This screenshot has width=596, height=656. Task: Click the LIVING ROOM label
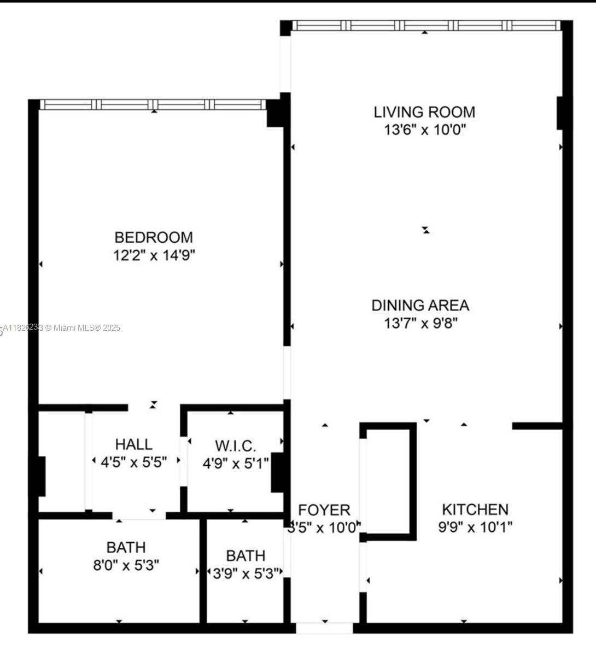click(x=424, y=112)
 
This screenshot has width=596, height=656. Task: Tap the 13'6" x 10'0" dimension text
click(x=424, y=130)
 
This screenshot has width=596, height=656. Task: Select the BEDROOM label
click(x=154, y=237)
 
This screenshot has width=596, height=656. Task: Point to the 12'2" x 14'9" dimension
click(x=154, y=255)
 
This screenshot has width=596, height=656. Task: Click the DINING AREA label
click(x=420, y=305)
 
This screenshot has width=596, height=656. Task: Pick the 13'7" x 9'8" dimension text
click(x=420, y=323)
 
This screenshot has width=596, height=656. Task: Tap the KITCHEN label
click(x=475, y=509)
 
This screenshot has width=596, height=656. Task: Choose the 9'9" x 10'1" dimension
click(x=475, y=528)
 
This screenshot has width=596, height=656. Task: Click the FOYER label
click(x=324, y=510)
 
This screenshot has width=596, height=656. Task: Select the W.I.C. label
click(x=235, y=446)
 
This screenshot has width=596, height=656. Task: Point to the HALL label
click(x=134, y=444)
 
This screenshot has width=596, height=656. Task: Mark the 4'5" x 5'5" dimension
click(x=134, y=462)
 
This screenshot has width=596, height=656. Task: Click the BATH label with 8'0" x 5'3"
click(x=126, y=547)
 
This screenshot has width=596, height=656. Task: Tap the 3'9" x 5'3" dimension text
click(x=246, y=572)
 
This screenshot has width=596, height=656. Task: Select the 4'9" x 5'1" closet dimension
click(x=236, y=464)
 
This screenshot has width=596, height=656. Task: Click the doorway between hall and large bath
click(x=139, y=515)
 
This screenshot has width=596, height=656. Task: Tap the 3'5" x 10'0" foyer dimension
click(x=324, y=528)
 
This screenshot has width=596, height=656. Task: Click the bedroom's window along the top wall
click(x=153, y=104)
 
